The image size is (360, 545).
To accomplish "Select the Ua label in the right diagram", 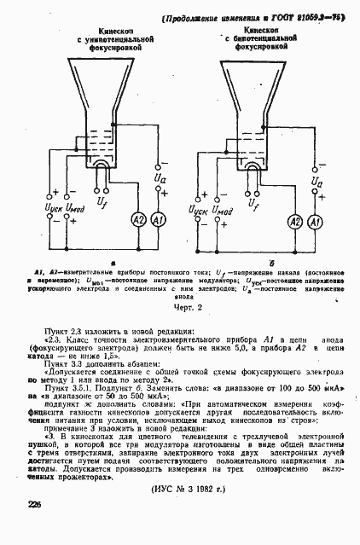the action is [x=317, y=183].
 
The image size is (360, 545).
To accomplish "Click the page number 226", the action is [x=34, y=505].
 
